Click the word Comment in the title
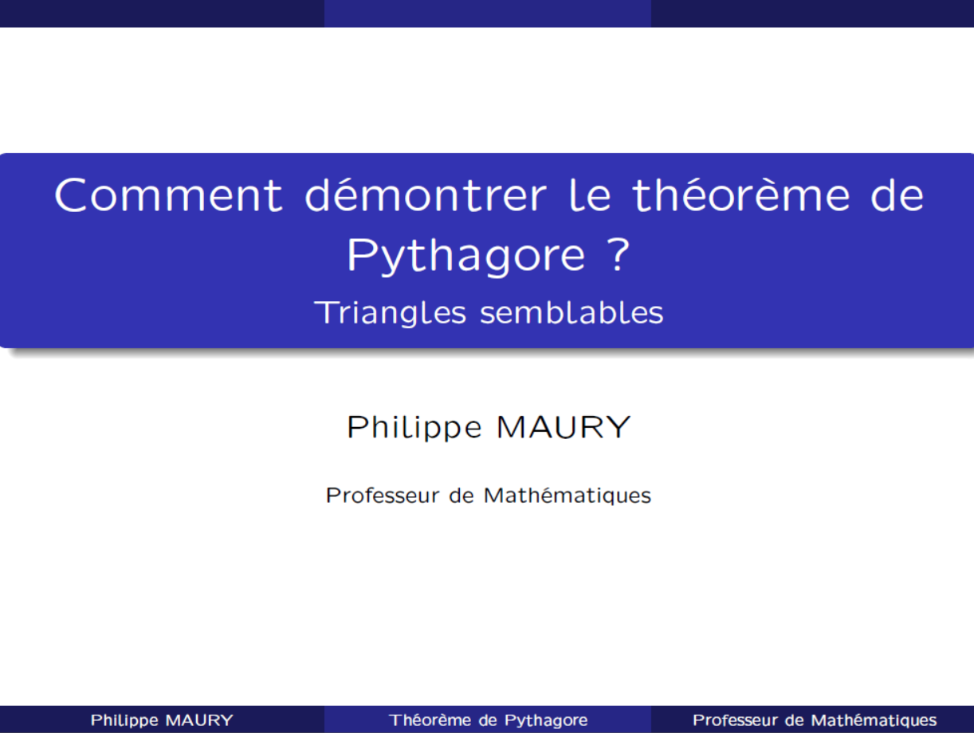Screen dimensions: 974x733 pyautogui.click(x=168, y=195)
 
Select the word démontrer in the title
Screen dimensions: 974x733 pyautogui.click(x=426, y=194)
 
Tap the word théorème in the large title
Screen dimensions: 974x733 pyautogui.click(x=740, y=194)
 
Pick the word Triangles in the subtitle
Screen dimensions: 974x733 pyautogui.click(x=390, y=313)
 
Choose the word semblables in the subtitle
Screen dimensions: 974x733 pyautogui.click(x=571, y=312)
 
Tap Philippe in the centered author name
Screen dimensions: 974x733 pyautogui.click(x=414, y=428)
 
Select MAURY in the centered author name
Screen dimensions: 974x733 pyautogui.click(x=564, y=426)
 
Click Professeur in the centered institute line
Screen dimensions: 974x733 pyautogui.click(x=382, y=496)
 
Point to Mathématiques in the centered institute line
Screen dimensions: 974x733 pyautogui.click(x=567, y=496)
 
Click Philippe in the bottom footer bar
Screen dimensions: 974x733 pyautogui.click(x=124, y=720)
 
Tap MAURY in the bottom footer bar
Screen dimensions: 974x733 pyautogui.click(x=199, y=720)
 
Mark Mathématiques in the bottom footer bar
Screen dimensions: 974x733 pyautogui.click(x=874, y=720)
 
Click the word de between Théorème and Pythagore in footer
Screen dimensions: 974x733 pyautogui.click(x=488, y=720)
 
